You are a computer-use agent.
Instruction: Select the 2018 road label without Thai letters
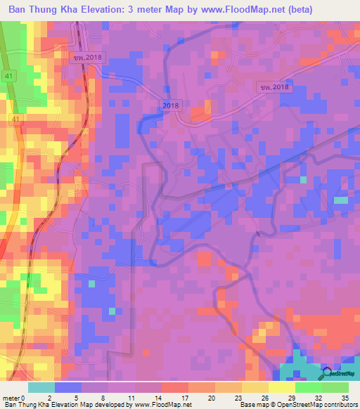(x=171, y=105)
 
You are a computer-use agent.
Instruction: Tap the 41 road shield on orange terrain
(x=15, y=120)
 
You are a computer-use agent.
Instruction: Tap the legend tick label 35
(x=344, y=397)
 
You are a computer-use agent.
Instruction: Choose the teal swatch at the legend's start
(x=41, y=387)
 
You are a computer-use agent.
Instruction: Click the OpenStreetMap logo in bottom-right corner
(x=328, y=375)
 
